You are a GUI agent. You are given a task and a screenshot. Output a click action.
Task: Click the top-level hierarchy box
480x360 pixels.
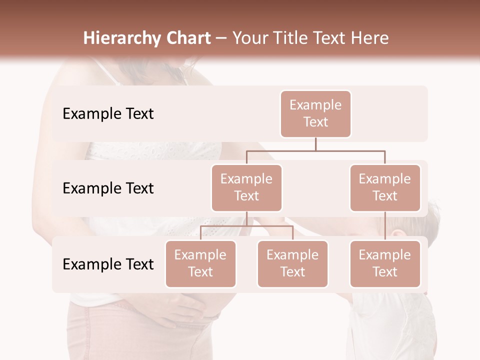pyautogui.click(x=315, y=114)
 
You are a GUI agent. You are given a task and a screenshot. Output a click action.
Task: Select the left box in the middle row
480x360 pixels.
pyautogui.click(x=246, y=187)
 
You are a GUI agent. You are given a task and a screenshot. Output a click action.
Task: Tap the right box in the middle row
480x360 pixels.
pyautogui.click(x=385, y=187)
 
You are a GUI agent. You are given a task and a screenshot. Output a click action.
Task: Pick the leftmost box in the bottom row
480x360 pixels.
pyautogui.click(x=200, y=263)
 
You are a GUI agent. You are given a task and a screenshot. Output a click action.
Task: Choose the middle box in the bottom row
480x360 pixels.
pyautogui.click(x=292, y=263)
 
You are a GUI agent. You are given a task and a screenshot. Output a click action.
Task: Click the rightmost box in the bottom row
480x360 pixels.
pyautogui.click(x=385, y=263)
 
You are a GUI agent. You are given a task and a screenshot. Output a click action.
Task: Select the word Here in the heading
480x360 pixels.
pyautogui.click(x=370, y=38)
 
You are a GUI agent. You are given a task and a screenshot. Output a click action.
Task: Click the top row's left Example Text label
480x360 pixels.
pyautogui.click(x=108, y=114)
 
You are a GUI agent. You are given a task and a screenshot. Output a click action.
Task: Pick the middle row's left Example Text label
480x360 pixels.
pyautogui.click(x=108, y=188)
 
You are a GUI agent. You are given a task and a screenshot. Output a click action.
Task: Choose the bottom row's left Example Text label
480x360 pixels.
pyautogui.click(x=108, y=264)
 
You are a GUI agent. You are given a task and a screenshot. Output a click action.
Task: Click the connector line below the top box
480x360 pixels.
pyautogui.click(x=315, y=144)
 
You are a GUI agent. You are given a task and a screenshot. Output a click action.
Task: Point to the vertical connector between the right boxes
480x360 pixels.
pyautogui.click(x=385, y=225)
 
